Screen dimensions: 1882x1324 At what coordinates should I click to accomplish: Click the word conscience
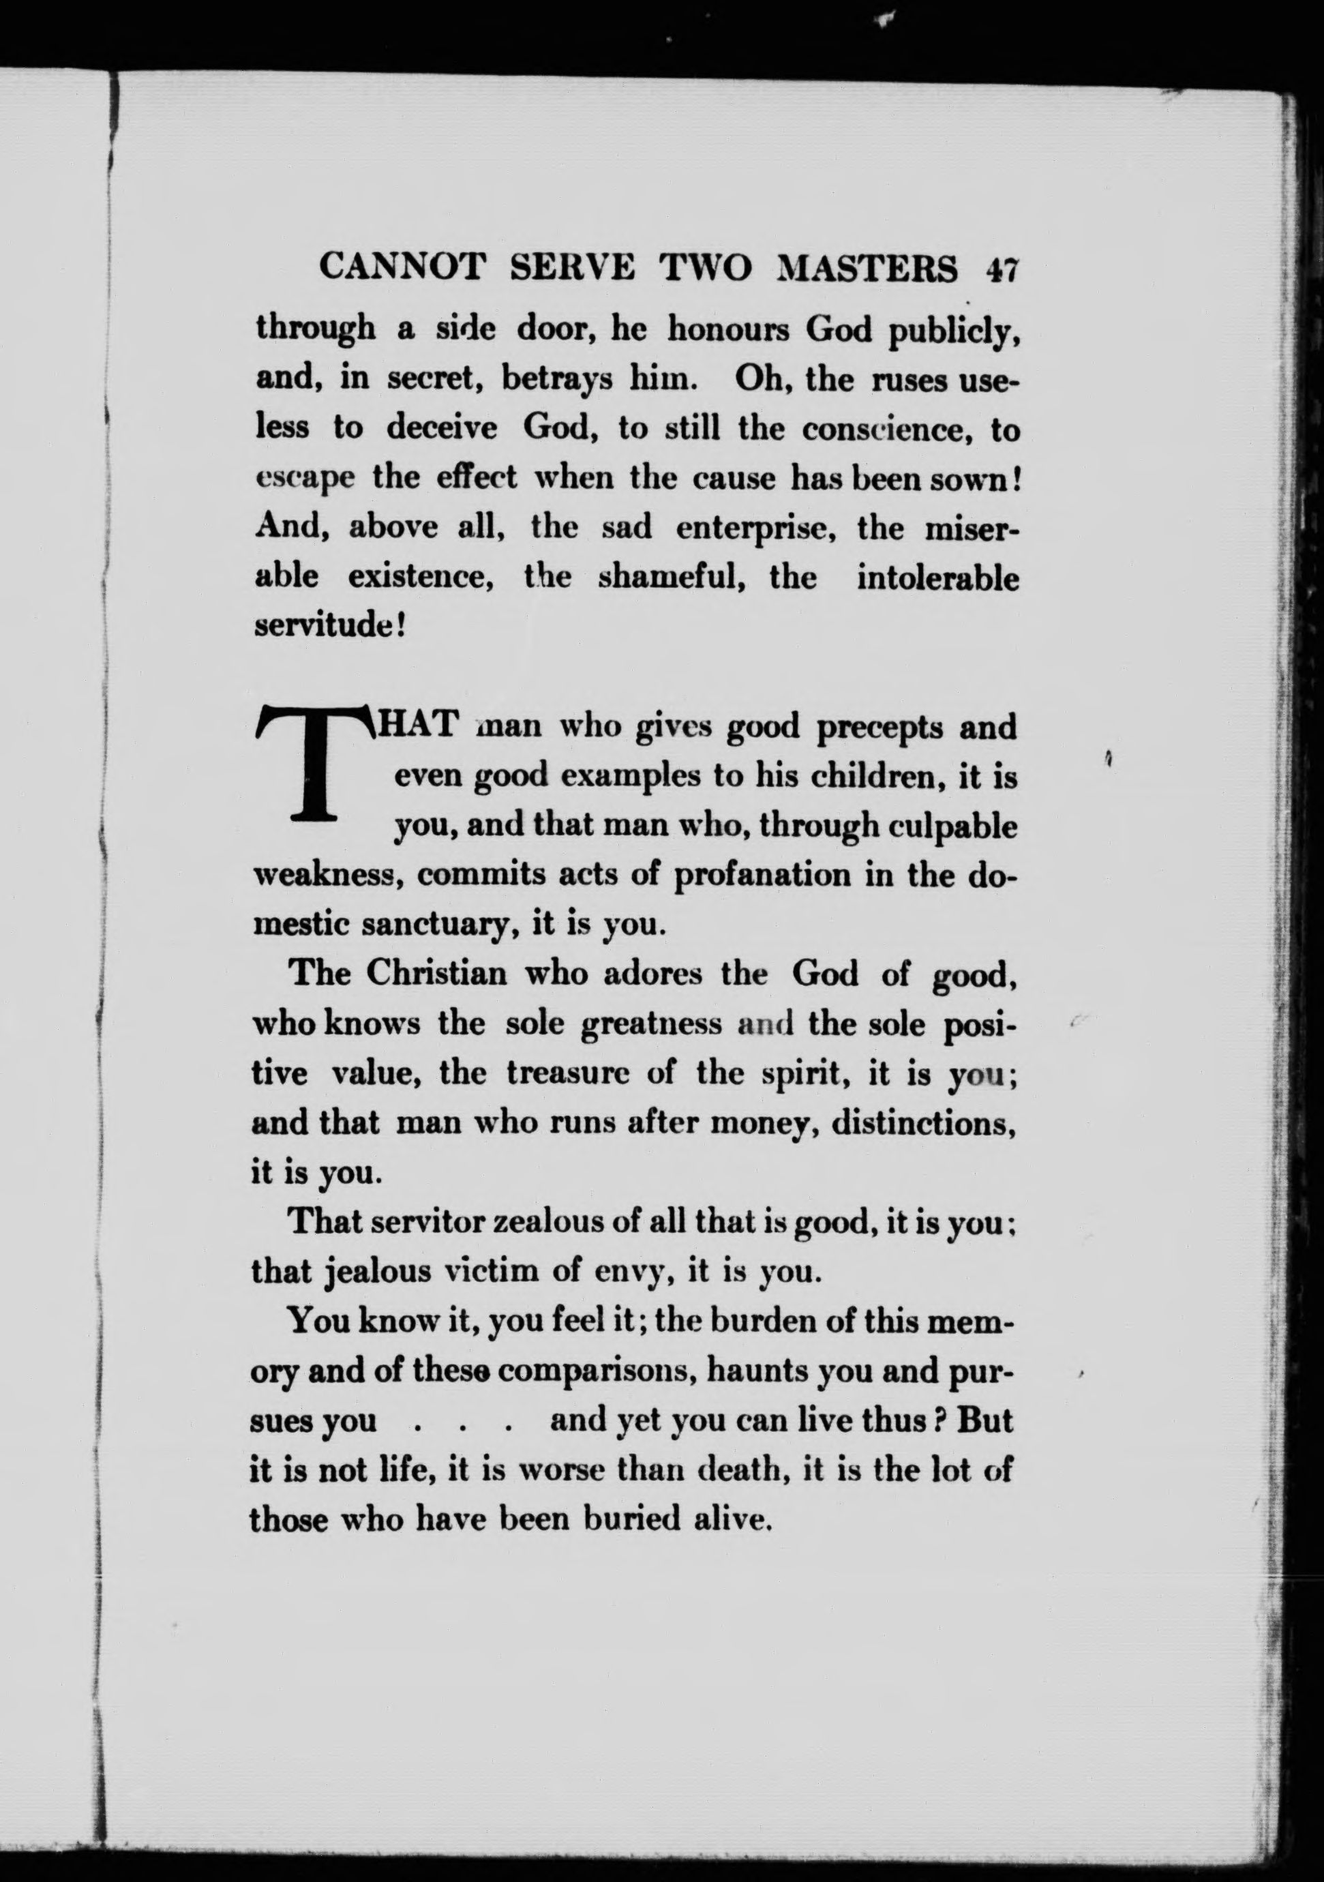tap(886, 430)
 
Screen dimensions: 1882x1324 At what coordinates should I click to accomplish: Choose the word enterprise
tap(755, 528)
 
